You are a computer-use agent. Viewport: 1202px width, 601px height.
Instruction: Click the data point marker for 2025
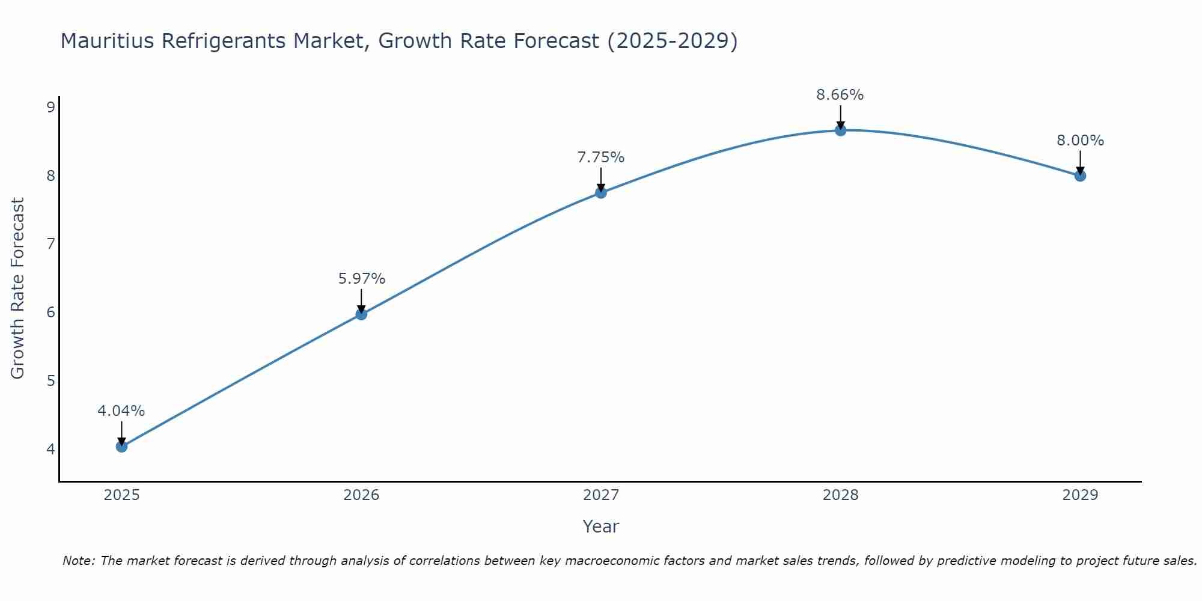point(121,447)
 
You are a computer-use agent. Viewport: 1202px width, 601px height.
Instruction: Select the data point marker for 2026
point(361,314)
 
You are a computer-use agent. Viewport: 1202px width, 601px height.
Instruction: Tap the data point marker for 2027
point(601,193)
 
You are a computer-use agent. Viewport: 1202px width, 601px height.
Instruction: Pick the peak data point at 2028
point(840,130)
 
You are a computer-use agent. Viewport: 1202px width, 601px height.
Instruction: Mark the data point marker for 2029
point(1080,176)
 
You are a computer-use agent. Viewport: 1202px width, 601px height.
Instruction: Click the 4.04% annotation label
point(121,411)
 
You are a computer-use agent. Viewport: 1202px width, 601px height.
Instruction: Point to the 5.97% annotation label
point(361,279)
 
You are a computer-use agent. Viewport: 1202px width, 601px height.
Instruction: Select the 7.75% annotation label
point(601,157)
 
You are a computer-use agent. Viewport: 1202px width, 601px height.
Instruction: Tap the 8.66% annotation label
point(840,95)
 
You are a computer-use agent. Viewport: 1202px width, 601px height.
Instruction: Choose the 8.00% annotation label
point(1080,141)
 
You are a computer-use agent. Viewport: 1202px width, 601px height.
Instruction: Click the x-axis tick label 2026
point(361,495)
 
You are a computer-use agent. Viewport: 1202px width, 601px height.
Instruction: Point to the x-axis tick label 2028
point(840,495)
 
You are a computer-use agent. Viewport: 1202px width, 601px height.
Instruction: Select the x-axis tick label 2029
point(1080,495)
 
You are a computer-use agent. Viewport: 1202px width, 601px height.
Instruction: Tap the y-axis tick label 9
point(50,108)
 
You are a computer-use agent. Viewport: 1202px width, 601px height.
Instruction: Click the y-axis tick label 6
point(50,313)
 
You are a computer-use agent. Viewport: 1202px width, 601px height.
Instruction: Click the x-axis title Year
point(601,526)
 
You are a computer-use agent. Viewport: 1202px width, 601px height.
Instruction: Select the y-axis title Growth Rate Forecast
point(18,288)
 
